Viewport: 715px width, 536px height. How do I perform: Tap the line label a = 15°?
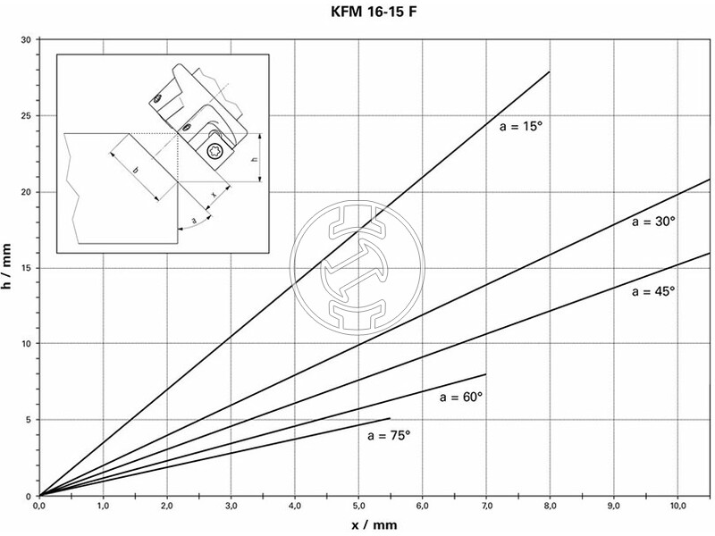(x=521, y=128)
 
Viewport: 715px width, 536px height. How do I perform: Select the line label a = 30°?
(x=650, y=222)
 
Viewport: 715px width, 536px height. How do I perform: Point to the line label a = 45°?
(x=652, y=291)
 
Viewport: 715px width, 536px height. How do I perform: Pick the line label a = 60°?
(x=461, y=396)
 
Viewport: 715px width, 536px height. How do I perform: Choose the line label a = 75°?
(x=389, y=435)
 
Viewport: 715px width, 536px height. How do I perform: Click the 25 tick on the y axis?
(x=28, y=116)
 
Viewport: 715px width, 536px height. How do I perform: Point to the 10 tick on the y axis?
(x=28, y=344)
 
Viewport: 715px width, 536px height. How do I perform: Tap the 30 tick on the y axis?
(x=28, y=40)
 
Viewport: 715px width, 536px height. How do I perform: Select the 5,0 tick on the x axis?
(x=358, y=506)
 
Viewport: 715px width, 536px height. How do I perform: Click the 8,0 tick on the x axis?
(x=550, y=506)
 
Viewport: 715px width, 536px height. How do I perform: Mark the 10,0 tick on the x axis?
(x=677, y=506)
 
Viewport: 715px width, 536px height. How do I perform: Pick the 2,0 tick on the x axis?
(x=167, y=506)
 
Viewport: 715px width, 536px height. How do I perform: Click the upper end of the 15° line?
(x=550, y=71)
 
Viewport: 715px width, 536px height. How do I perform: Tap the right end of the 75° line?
(x=391, y=418)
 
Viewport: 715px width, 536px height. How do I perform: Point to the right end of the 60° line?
(x=486, y=374)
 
